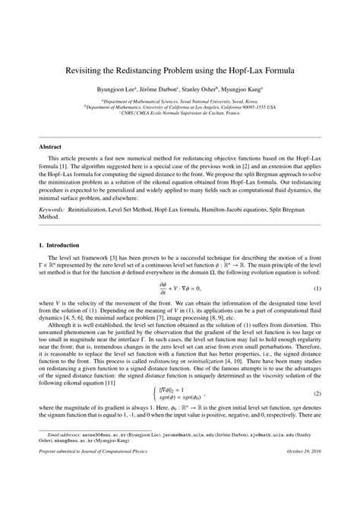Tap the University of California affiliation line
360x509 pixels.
point(180,106)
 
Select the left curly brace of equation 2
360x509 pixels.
point(153,394)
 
